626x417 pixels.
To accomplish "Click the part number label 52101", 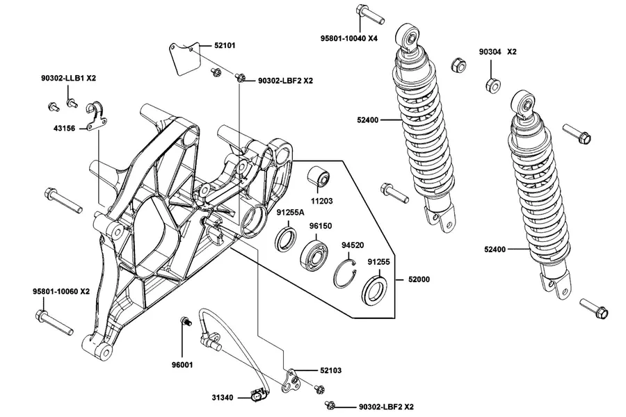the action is pyautogui.click(x=225, y=45).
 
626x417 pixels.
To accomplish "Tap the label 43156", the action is pyautogui.click(x=64, y=129).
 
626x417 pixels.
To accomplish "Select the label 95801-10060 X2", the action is pyautogui.click(x=61, y=292).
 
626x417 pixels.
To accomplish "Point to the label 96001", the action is pyautogui.click(x=182, y=365).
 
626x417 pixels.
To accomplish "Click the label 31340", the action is pyautogui.click(x=223, y=398).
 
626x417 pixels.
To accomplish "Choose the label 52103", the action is pyautogui.click(x=330, y=370).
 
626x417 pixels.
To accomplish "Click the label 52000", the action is pyautogui.click(x=419, y=279).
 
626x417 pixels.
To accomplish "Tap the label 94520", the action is pyautogui.click(x=353, y=245).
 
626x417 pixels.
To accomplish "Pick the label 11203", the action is pyautogui.click(x=321, y=201).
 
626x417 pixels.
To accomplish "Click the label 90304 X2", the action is pyautogui.click(x=498, y=52).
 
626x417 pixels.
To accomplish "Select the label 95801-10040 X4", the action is pyautogui.click(x=349, y=38).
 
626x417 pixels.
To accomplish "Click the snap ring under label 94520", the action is pyautogui.click(x=345, y=272).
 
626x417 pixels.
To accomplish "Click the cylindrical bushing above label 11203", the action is pyautogui.click(x=318, y=177).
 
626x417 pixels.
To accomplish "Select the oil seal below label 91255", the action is pyautogui.click(x=374, y=288).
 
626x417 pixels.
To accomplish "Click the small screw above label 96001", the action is pyautogui.click(x=186, y=321).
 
